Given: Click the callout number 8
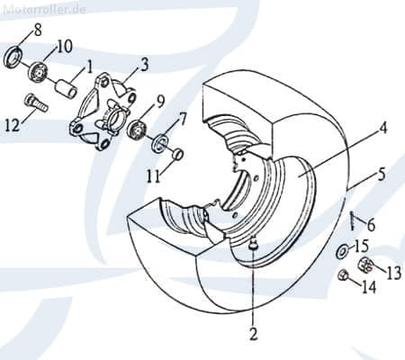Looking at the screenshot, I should point(36,31).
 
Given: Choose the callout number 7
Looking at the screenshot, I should point(182,118).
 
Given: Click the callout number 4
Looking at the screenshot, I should point(382,129).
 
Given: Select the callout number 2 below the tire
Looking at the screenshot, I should point(253,335).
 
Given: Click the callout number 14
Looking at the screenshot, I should point(368,288).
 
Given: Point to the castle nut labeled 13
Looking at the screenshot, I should point(366,265).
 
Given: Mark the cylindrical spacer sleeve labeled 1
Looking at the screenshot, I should point(65,90).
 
